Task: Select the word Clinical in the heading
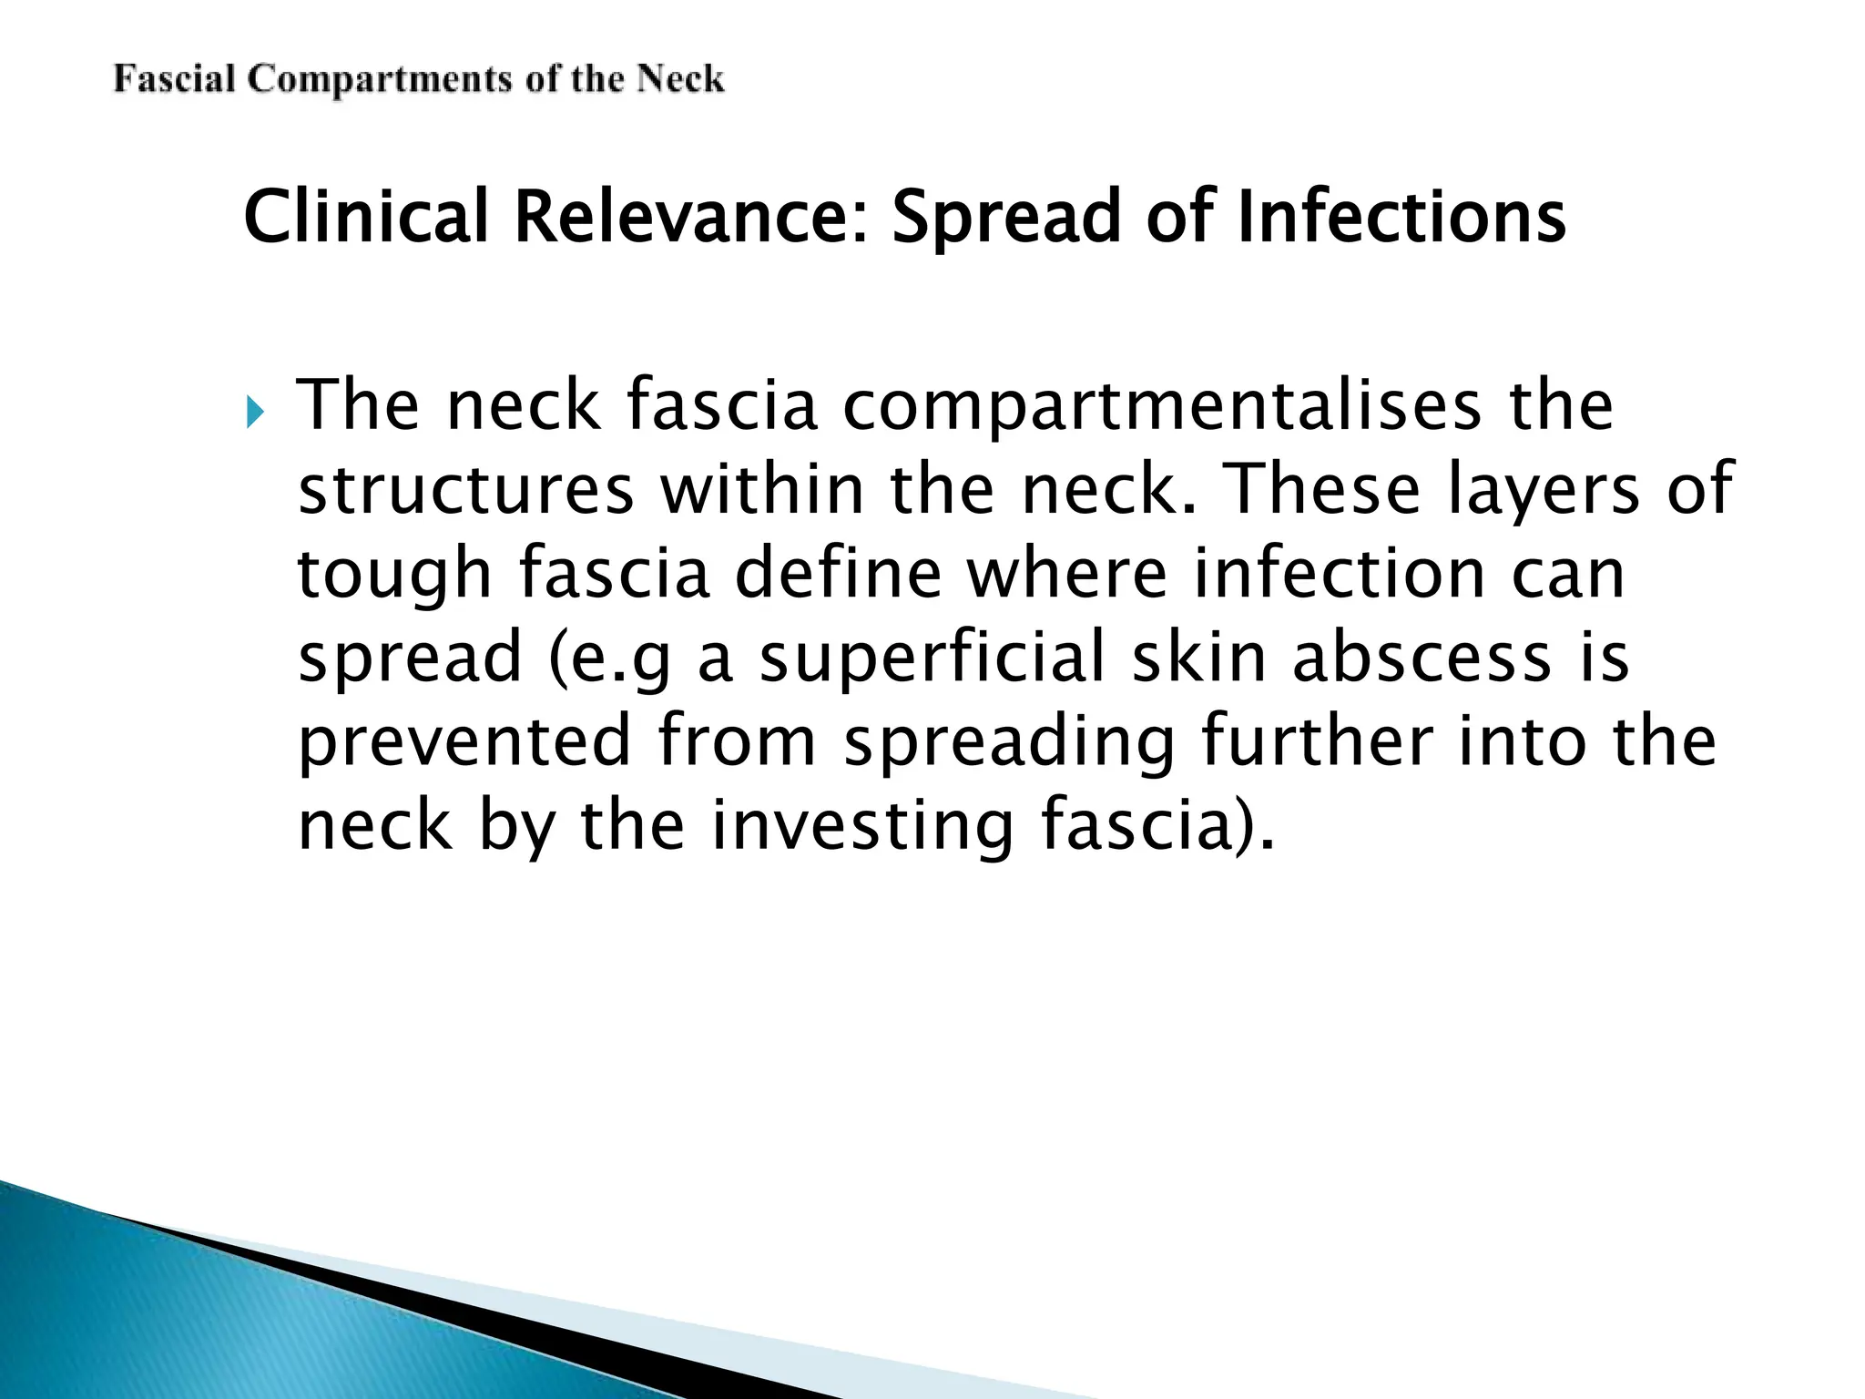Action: (x=367, y=217)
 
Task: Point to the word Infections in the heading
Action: (x=1401, y=217)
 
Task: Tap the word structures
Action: (x=465, y=489)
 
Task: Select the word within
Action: (x=761, y=489)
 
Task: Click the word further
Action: (x=1318, y=741)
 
